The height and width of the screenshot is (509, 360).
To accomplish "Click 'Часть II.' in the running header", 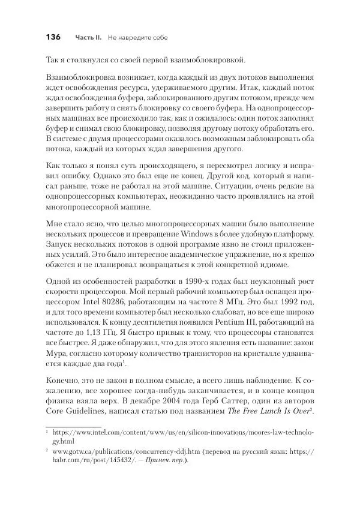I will click(x=88, y=38).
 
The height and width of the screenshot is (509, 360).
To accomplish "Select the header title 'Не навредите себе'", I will click(x=138, y=38).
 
